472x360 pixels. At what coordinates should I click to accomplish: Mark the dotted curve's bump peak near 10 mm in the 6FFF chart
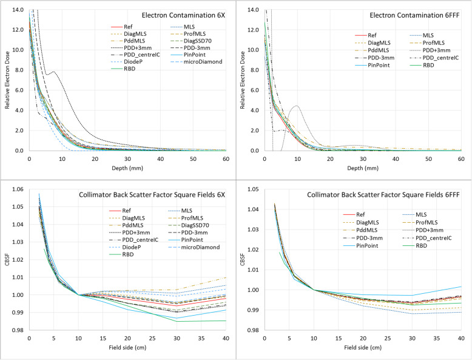click(296, 106)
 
